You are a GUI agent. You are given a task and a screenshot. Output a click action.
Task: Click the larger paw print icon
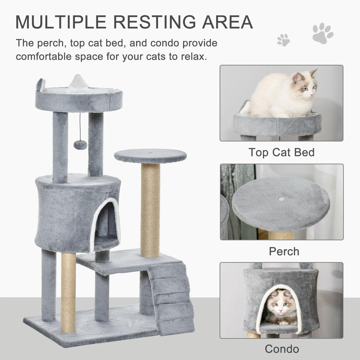pyautogui.click(x=323, y=33)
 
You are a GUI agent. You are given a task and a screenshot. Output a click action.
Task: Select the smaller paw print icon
pyautogui.click(x=283, y=40)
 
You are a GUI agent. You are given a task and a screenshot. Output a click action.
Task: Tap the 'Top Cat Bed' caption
pyautogui.click(x=281, y=152)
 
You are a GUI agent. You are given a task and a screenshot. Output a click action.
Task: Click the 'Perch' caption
pyautogui.click(x=284, y=251)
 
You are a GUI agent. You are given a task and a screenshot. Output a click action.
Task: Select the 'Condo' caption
pyautogui.click(x=282, y=349)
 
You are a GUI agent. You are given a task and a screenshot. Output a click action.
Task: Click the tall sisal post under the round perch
pyautogui.click(x=150, y=208)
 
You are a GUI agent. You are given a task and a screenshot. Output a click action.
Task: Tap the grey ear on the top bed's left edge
pyautogui.click(x=41, y=84)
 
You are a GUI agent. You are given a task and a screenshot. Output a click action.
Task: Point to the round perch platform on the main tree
pyautogui.click(x=150, y=155)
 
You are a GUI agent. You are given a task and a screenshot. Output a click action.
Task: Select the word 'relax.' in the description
pyautogui.click(x=193, y=56)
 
